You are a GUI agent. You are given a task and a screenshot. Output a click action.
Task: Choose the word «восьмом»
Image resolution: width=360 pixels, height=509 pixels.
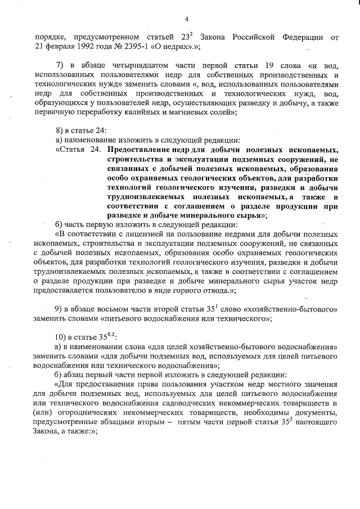(120, 309)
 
